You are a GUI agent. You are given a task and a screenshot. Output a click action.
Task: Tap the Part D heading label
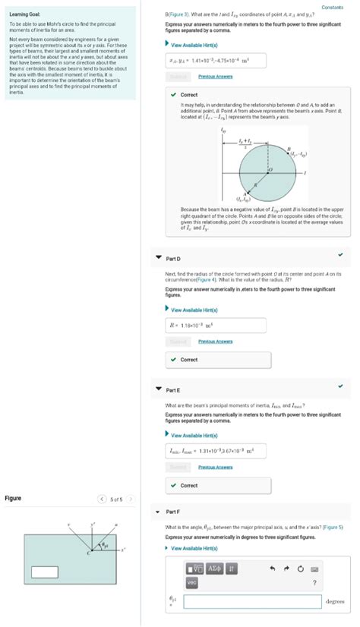click(x=172, y=259)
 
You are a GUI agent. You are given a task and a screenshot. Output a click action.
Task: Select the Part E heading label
click(x=172, y=390)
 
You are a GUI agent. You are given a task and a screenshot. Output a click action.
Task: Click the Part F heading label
click(x=172, y=512)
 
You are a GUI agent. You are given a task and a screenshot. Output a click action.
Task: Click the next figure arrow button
click(x=131, y=499)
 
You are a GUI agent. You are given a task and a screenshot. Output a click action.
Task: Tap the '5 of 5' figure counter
click(x=116, y=499)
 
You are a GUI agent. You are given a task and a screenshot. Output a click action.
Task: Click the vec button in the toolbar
click(x=192, y=582)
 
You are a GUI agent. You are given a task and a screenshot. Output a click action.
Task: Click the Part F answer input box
click(x=251, y=601)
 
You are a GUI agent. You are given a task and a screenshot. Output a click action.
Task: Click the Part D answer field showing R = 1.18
click(x=216, y=326)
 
